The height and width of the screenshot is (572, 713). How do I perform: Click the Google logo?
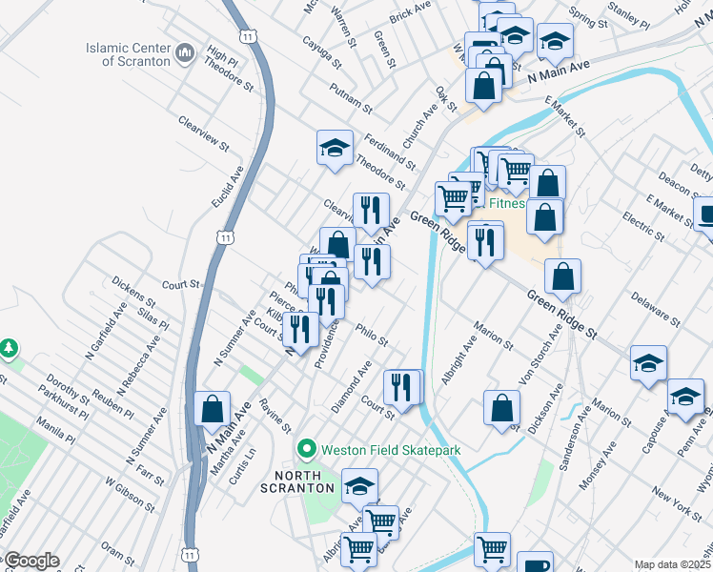(x=31, y=561)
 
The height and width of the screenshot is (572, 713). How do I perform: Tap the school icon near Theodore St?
(x=335, y=148)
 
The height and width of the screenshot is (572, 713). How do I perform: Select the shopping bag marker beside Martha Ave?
(x=212, y=409)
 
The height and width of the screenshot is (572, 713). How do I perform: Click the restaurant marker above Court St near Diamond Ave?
(x=402, y=387)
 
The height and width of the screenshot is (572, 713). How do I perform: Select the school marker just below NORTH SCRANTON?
(x=359, y=487)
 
